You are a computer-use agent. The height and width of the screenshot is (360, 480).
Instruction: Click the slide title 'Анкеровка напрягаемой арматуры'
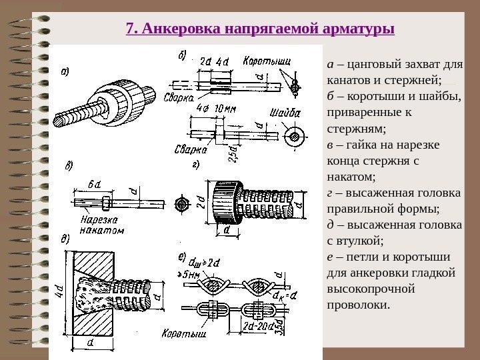260,29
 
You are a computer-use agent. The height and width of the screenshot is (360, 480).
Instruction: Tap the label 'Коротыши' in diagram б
266,61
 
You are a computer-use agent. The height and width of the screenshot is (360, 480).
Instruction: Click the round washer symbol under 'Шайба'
293,137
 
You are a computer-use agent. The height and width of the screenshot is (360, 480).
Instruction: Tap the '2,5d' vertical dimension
232,153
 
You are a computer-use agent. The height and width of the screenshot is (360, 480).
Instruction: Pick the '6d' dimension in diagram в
94,184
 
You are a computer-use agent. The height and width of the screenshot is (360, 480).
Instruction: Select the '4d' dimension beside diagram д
61,291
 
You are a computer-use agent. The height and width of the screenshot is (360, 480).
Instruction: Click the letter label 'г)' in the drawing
195,165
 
